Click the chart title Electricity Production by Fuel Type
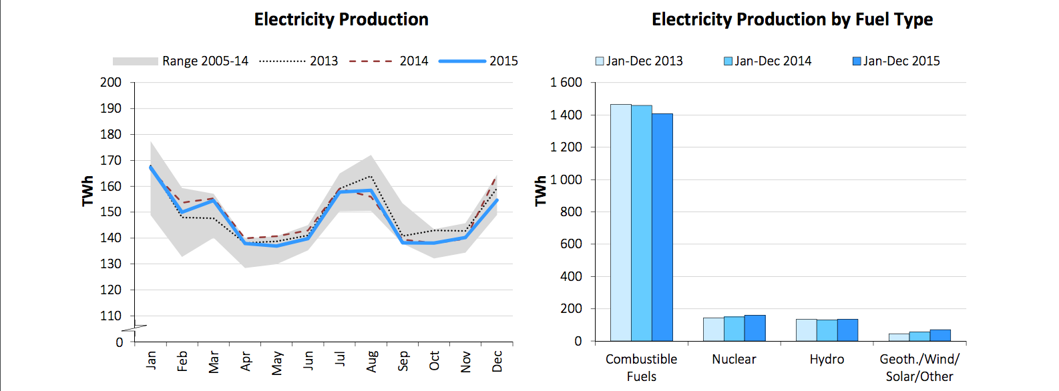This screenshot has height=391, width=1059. pos(792,19)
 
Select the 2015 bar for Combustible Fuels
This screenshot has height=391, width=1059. pos(662,227)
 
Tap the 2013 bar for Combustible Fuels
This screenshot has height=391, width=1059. pos(621,222)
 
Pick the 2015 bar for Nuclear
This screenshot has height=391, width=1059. pos(755,328)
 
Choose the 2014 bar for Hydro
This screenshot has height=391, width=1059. pos(827,330)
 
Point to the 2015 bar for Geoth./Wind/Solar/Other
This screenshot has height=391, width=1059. pos(940,335)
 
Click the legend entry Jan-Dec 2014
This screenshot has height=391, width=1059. pos(768,61)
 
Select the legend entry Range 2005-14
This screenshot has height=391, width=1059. pos(180,61)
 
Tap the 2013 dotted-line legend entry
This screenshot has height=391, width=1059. pos(298,61)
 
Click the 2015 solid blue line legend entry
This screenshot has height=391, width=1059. pos(478,61)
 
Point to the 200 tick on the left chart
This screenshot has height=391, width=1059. pos(111,83)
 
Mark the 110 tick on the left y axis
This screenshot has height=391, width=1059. pos(111,316)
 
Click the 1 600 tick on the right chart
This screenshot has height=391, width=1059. pos(566,83)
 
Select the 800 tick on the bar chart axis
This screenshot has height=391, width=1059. pos(571,212)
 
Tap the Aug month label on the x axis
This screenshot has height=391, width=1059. pos(372,361)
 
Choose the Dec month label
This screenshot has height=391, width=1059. pos(497,361)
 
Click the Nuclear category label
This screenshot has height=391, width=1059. pos(734,359)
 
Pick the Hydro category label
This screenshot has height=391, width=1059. pos(827,359)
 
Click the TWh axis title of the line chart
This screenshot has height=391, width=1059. pos(87,191)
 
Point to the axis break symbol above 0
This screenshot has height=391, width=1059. pos(134,328)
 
